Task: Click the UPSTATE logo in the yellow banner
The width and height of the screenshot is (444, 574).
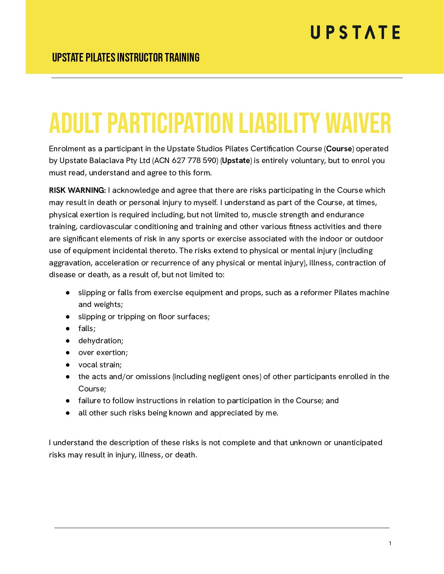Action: point(355,32)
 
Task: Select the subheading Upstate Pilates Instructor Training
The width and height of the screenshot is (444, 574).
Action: point(126,57)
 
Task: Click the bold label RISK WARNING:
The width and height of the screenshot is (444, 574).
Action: point(77,190)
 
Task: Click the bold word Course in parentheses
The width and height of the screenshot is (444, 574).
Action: point(339,149)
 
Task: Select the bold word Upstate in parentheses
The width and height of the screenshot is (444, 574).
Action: point(236,161)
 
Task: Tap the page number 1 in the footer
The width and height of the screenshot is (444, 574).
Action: point(390,543)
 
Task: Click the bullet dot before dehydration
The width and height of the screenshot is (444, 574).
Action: point(68,341)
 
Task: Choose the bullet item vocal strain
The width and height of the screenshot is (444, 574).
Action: point(100,365)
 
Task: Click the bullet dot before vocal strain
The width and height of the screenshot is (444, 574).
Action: point(68,365)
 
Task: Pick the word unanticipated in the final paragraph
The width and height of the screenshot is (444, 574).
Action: point(358,443)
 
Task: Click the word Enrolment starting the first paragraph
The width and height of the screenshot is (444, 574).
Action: point(67,149)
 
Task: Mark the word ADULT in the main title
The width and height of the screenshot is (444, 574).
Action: point(75,123)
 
